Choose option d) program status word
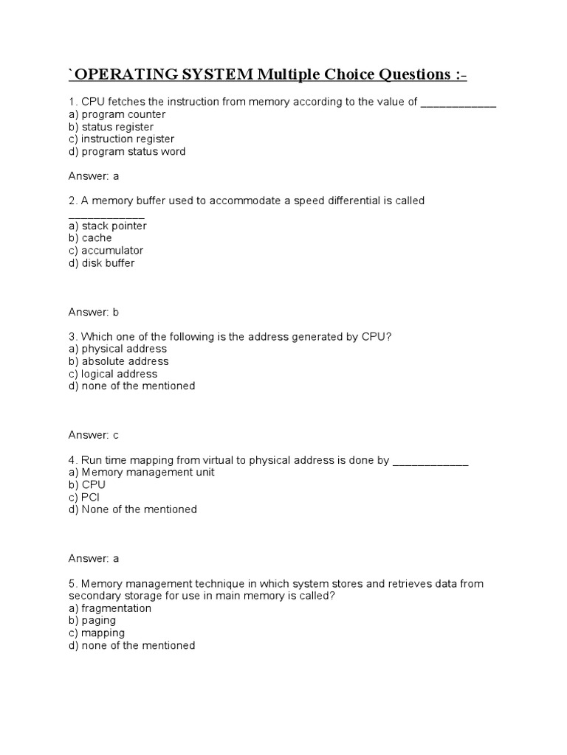click(126, 151)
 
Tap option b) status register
click(111, 127)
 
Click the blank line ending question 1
click(458, 103)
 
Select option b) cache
click(90, 238)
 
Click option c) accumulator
click(106, 251)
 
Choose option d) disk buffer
click(101, 262)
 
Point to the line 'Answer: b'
click(93, 312)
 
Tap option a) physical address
click(117, 349)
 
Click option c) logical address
click(112, 374)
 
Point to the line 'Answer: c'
click(93, 435)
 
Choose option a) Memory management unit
click(141, 472)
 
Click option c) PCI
click(83, 497)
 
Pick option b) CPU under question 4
click(86, 484)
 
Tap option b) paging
click(92, 620)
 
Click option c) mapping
click(96, 633)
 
